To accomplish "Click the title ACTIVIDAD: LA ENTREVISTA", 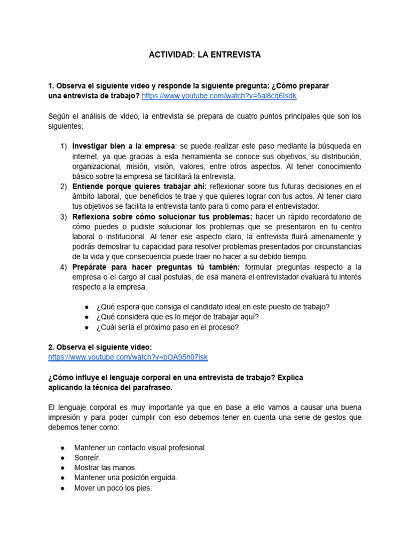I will click(x=204, y=55).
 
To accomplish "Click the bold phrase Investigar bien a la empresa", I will click(x=123, y=146).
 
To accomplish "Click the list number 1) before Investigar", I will click(x=64, y=146).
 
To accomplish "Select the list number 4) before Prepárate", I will click(x=64, y=267).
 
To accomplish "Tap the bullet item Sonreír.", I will click(x=87, y=457).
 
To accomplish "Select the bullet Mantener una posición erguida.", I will click(x=125, y=478).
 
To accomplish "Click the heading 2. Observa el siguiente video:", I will click(x=100, y=347).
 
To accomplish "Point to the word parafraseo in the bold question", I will click(x=152, y=387).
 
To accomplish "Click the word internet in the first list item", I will click(x=85, y=156).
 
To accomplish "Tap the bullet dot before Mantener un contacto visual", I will click(x=63, y=448).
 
